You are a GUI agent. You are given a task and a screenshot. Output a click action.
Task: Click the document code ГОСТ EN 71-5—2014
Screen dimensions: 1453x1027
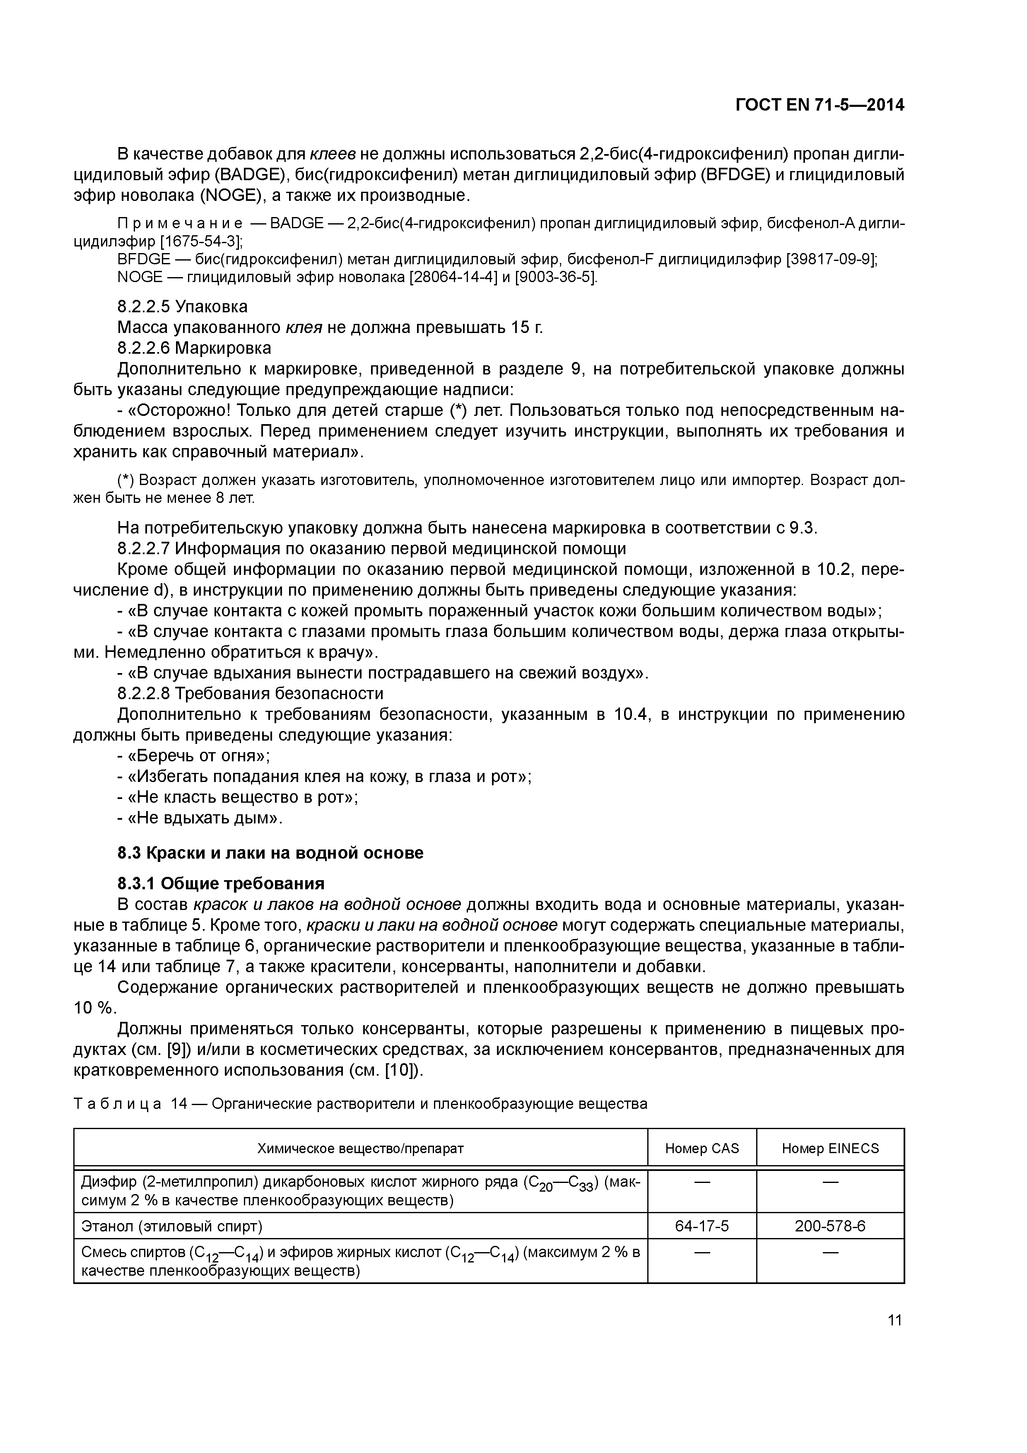820,105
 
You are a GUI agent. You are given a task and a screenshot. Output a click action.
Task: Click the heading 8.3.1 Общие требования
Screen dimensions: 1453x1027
221,883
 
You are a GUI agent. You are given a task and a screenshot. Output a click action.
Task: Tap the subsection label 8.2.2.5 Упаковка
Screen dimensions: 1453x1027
182,307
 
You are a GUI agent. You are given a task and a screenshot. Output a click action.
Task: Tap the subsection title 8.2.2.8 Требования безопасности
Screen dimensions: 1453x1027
250,694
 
